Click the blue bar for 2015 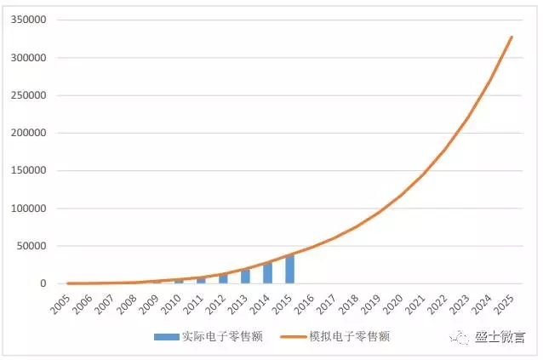point(290,269)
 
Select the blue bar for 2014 point(268,273)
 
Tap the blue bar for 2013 point(246,277)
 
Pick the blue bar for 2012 point(224,279)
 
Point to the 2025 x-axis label point(506,302)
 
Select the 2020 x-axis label point(395,302)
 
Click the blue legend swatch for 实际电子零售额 point(166,336)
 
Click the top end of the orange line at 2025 point(512,37)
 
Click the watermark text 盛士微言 point(500,338)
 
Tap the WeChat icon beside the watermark point(460,338)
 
